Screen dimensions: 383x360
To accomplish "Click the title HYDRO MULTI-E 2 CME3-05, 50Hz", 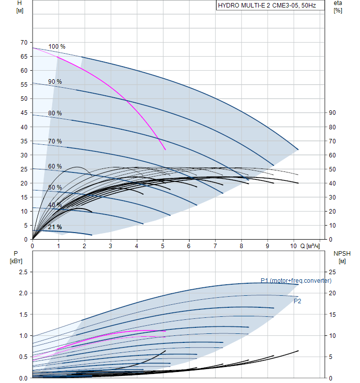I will pos(267,6).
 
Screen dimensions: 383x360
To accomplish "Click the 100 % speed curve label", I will pos(57,47).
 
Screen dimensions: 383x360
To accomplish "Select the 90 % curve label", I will pos(55,82).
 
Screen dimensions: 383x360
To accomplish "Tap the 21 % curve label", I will pos(55,227).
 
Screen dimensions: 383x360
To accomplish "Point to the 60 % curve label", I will pos(55,166).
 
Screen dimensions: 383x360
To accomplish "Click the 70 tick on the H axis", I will pos(24,42).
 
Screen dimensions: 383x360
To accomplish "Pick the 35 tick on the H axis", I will pos(24,141).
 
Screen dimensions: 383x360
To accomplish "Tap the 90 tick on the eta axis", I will pos(332,113).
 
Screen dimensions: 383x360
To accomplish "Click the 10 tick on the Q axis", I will pos(293,246).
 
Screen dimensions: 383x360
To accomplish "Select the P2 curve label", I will pos(297,301).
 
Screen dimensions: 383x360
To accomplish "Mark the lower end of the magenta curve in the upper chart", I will pos(165,149).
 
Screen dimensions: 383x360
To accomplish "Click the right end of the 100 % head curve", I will pos(298,149).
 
